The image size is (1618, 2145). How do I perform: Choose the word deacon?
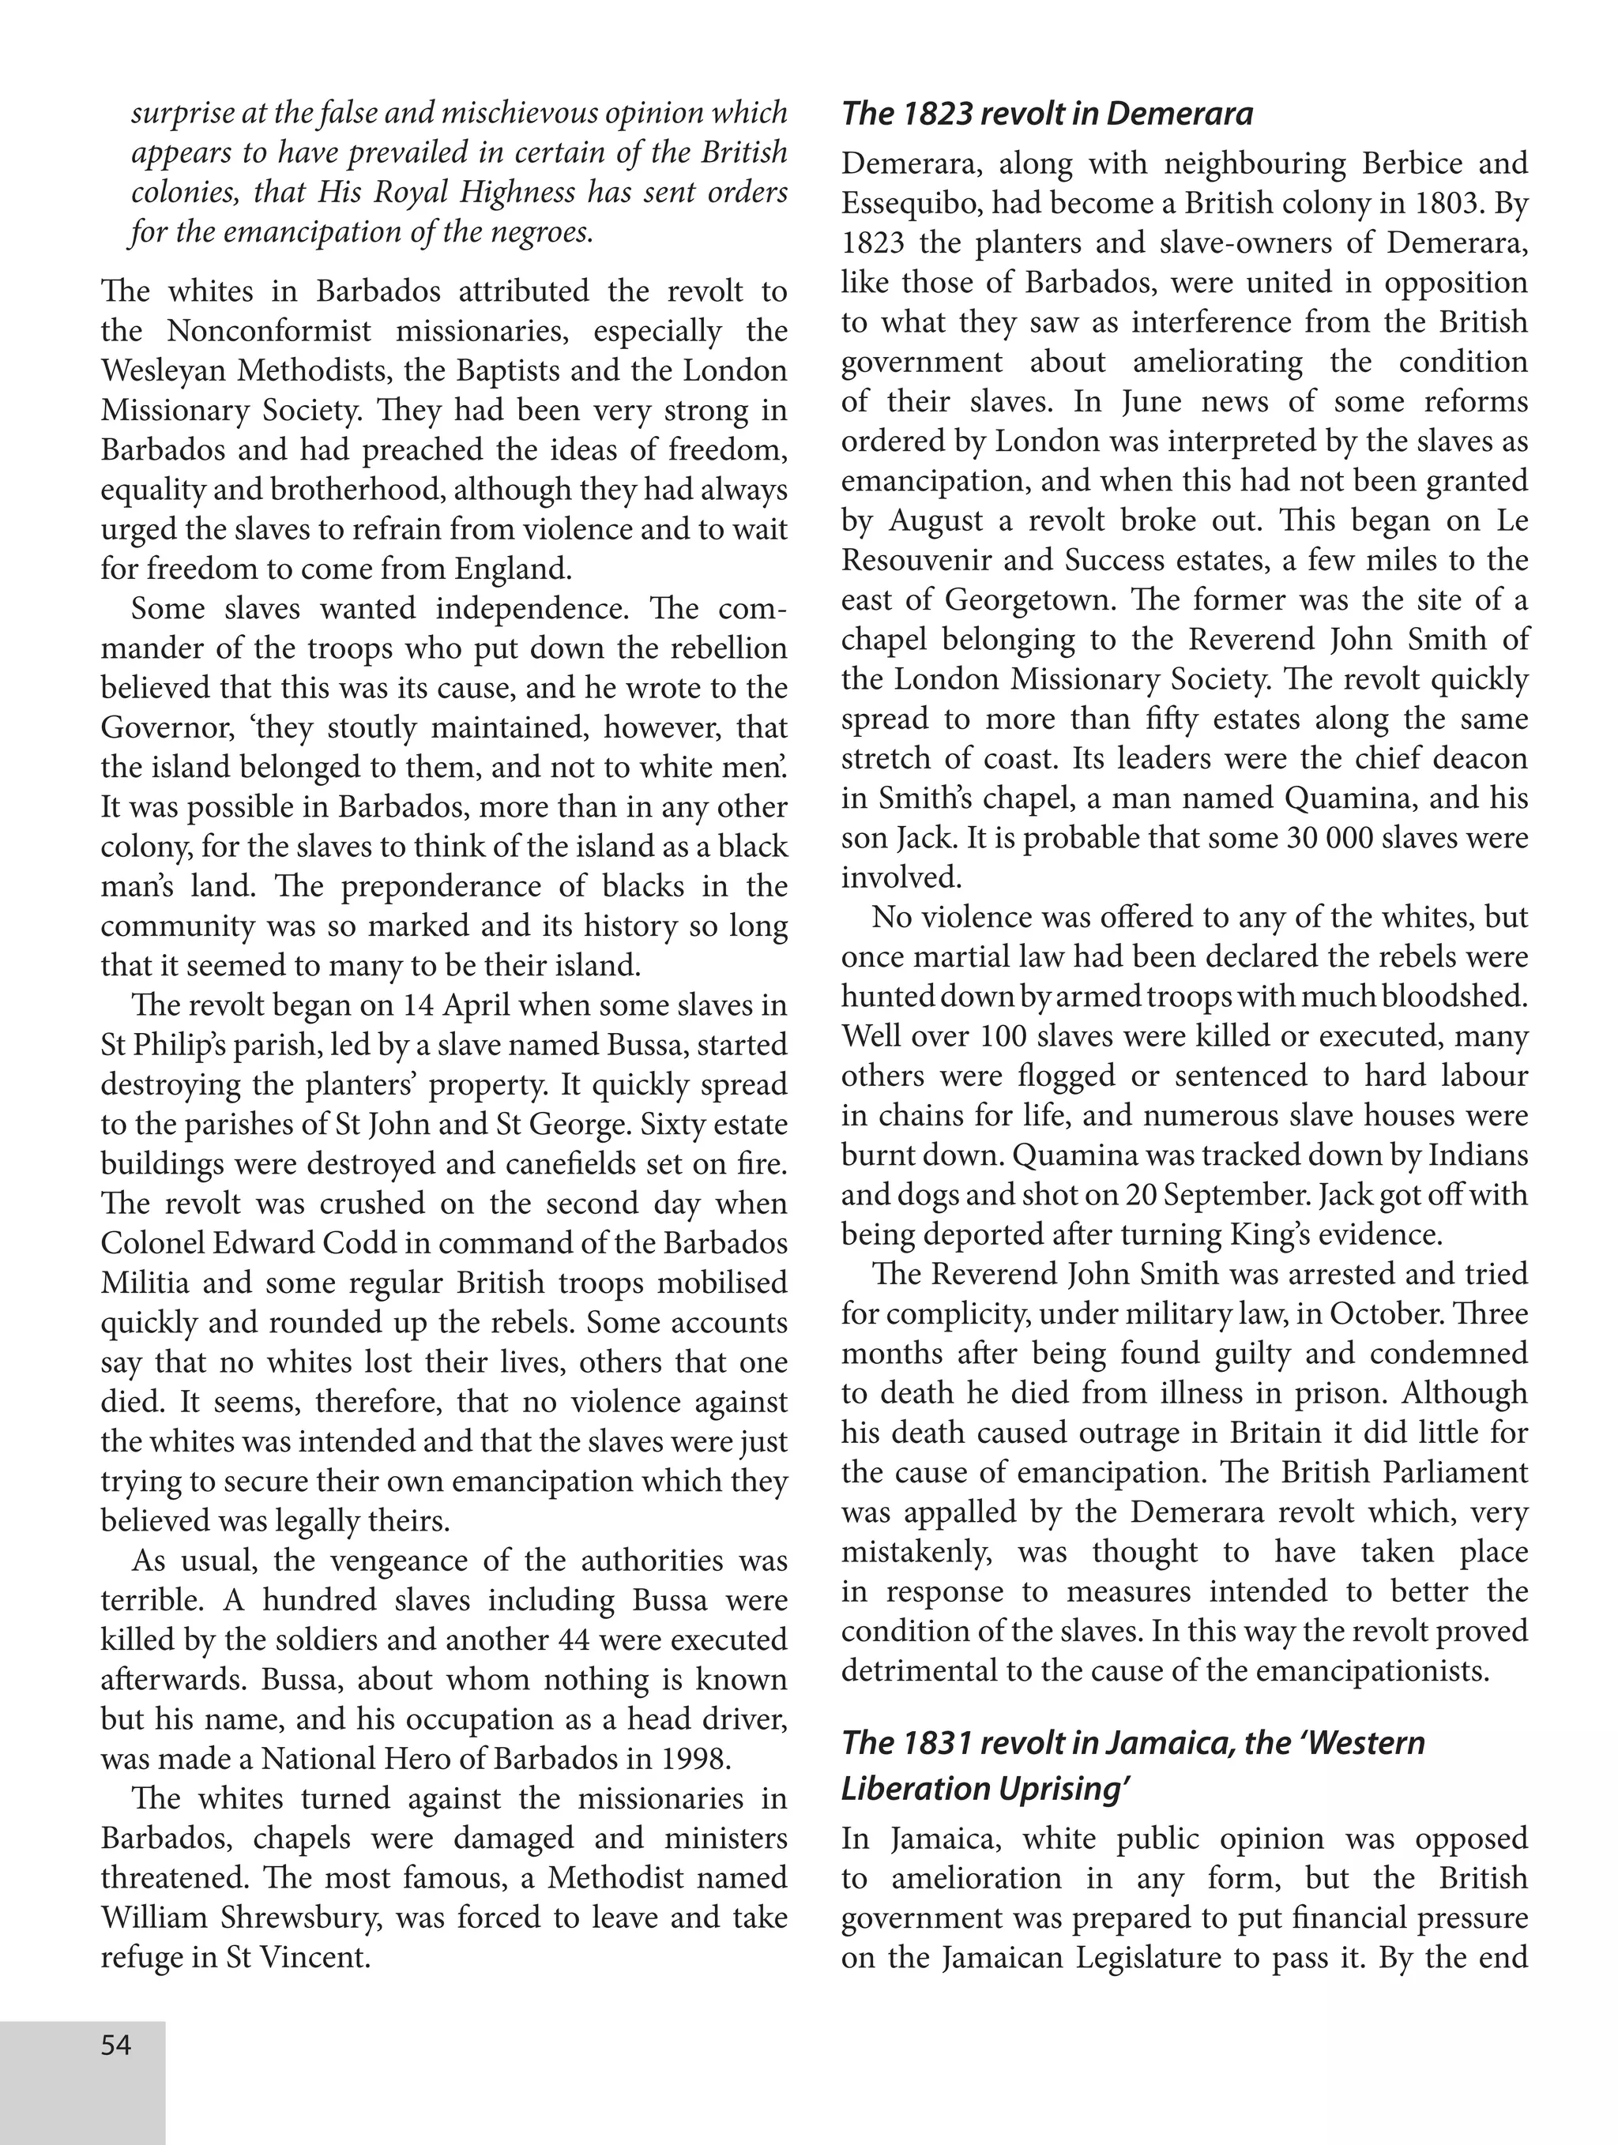(x=1481, y=758)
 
